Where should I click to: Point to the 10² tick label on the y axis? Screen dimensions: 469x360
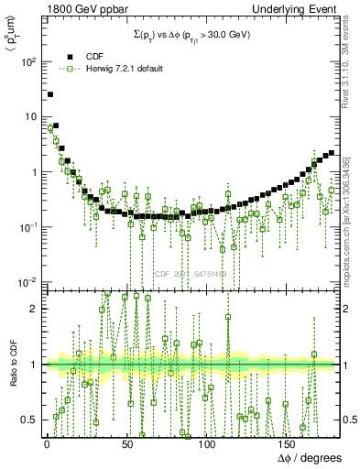click(x=27, y=62)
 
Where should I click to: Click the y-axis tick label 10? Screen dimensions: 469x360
click(x=29, y=117)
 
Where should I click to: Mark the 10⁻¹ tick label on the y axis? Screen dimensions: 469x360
click(x=27, y=227)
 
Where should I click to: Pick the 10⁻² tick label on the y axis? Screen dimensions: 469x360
click(x=27, y=282)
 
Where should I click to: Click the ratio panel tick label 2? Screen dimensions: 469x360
click(x=35, y=309)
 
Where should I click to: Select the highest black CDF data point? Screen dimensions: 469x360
click(x=50, y=94)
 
